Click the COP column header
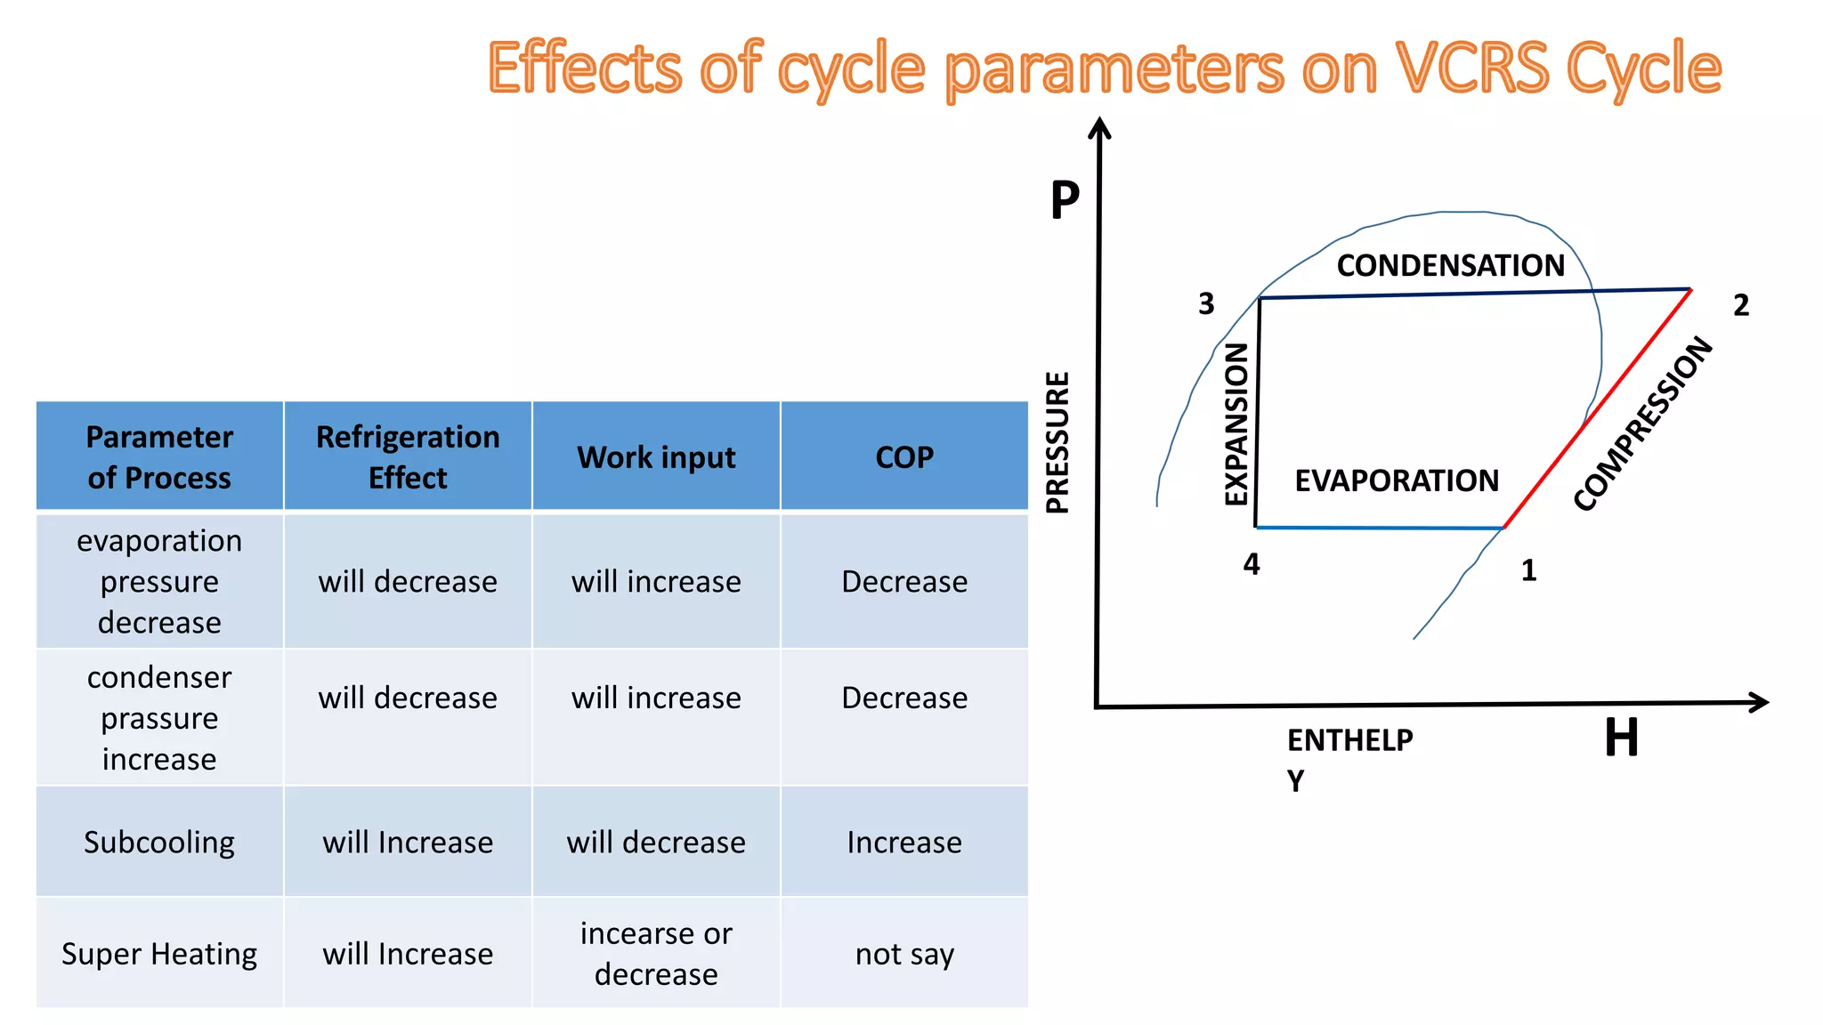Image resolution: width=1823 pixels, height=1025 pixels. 904,456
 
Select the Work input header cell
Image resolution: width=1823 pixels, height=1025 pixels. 656,456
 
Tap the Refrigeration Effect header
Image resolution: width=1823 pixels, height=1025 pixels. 408,456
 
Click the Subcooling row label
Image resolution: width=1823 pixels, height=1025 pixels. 159,842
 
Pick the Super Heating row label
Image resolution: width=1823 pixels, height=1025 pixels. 159,954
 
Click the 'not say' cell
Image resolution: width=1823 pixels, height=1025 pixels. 904,954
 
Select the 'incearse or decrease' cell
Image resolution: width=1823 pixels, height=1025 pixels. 656,954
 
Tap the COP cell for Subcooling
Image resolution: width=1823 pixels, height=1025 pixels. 904,842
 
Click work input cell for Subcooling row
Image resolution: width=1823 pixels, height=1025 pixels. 656,842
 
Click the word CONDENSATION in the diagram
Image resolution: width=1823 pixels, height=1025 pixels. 1450,265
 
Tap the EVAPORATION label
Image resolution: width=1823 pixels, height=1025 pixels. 1397,480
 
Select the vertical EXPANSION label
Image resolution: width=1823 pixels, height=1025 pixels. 1236,424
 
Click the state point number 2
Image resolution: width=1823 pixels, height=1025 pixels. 1741,305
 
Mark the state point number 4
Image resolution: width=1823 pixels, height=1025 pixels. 1252,564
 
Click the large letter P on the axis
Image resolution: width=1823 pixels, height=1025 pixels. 1065,200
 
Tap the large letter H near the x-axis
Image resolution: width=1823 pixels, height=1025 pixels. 1621,738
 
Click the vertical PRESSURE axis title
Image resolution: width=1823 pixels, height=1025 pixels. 1057,442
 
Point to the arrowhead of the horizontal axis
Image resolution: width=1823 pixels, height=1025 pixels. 1760,702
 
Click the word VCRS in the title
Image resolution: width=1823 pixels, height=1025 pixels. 1472,68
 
